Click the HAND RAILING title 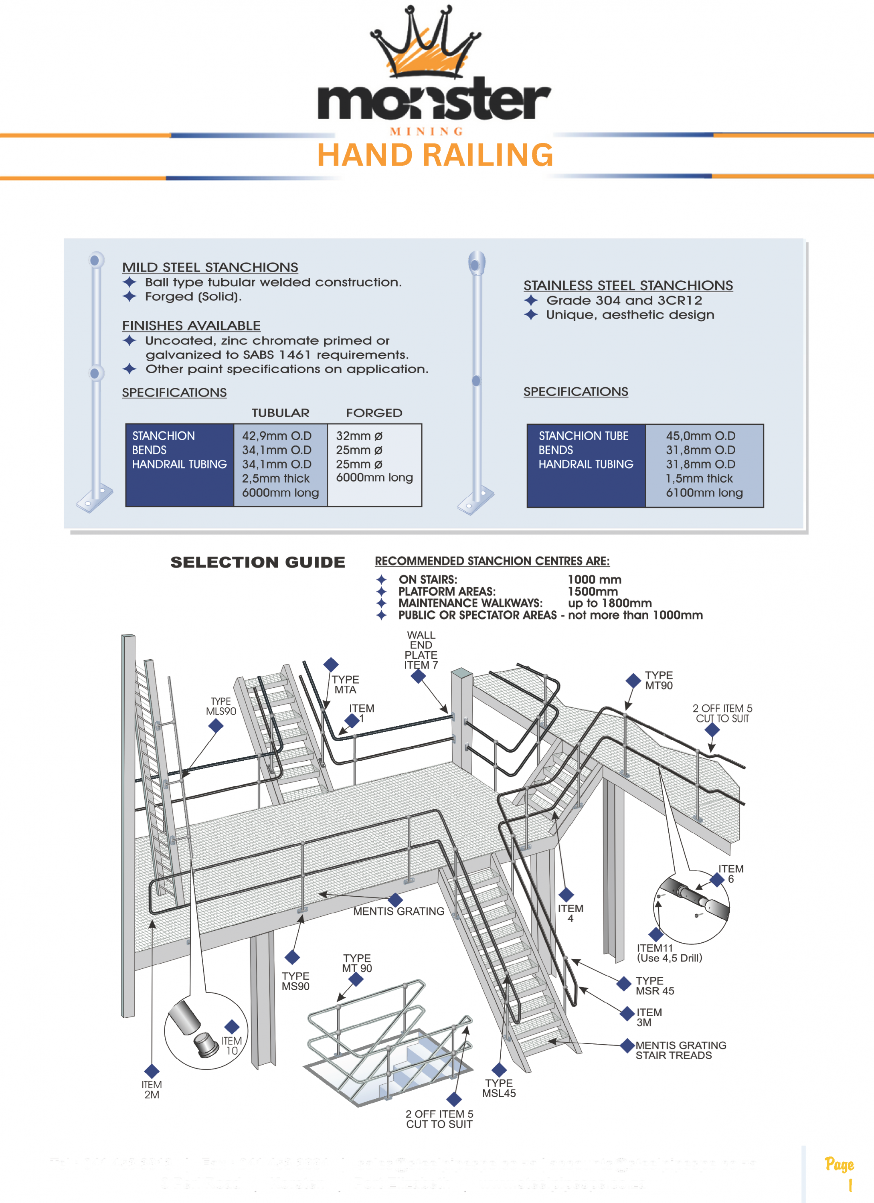[435, 155]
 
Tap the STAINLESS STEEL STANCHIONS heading [628, 286]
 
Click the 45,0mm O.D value [700, 436]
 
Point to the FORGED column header [374, 413]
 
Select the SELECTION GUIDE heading [258, 562]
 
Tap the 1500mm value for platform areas [593, 591]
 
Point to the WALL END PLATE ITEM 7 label [421, 650]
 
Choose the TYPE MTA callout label [345, 684]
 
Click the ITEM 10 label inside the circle [232, 1045]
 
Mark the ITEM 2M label [152, 1090]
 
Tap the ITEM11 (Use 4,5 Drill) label [669, 953]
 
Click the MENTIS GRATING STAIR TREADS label [680, 1050]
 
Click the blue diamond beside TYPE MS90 [292, 958]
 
